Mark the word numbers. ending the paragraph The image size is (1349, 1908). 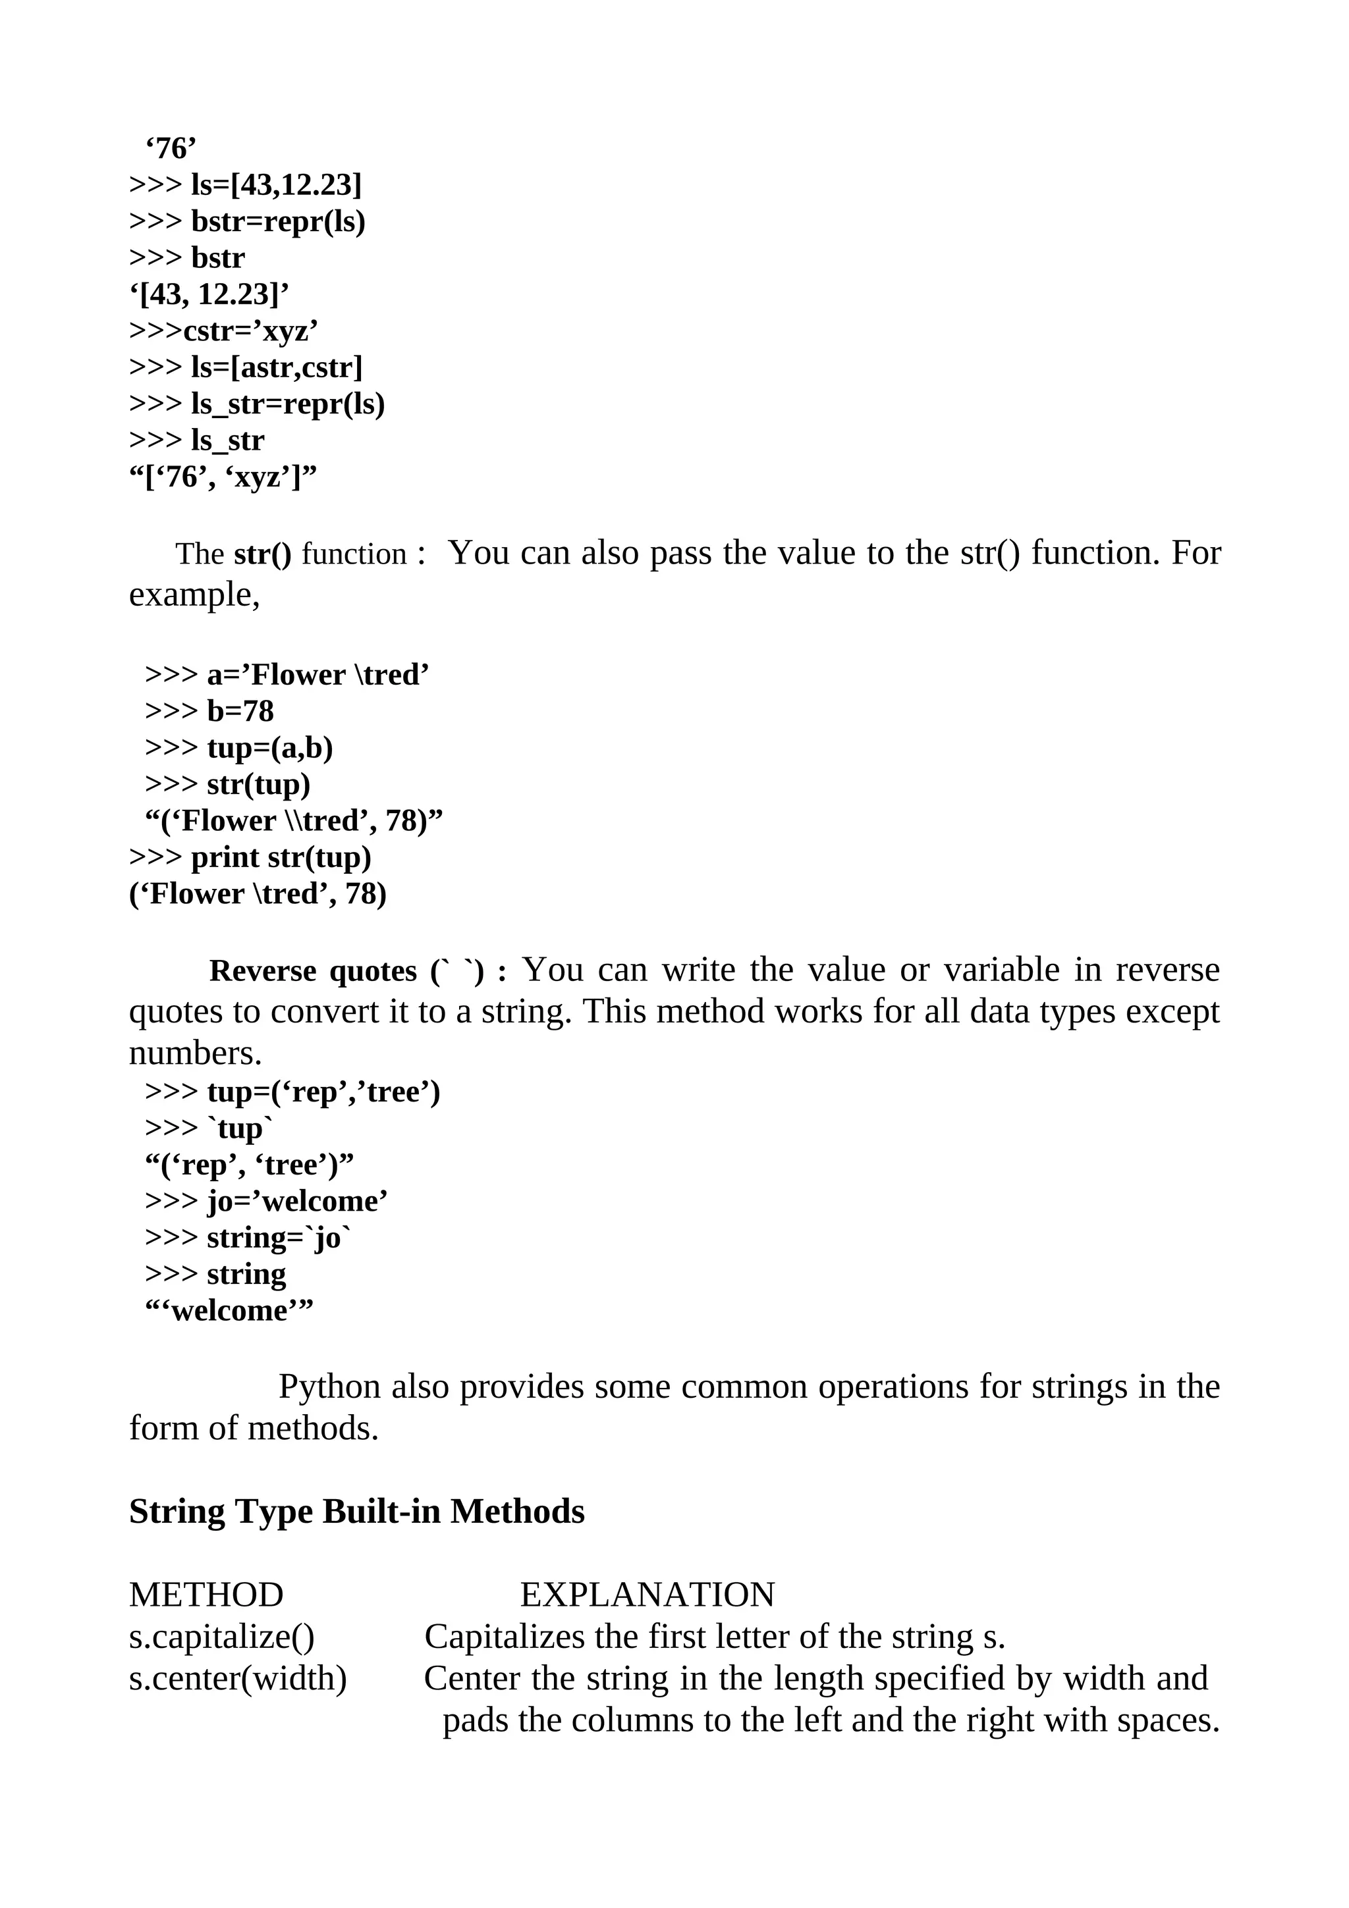click(196, 1053)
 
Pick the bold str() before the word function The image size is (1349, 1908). click(263, 554)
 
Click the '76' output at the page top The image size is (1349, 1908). click(171, 149)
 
